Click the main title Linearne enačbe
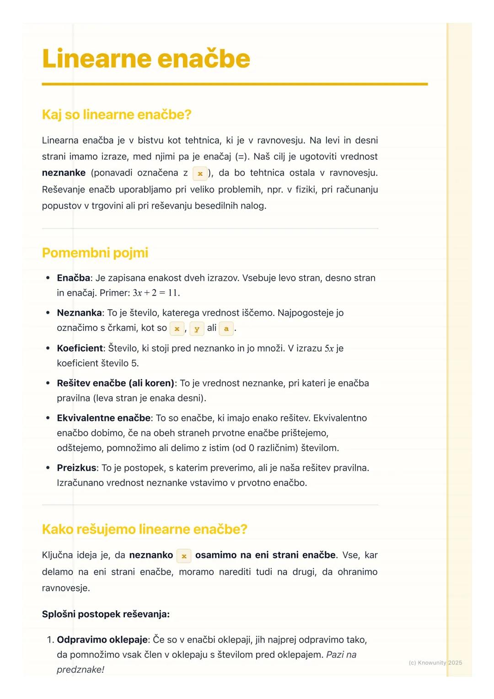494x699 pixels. [x=146, y=59]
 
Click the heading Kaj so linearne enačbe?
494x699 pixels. [x=116, y=114]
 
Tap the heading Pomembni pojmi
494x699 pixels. [x=95, y=253]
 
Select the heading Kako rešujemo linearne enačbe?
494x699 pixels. [x=144, y=529]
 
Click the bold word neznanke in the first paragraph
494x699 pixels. [x=64, y=173]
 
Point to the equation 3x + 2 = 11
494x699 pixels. [x=156, y=293]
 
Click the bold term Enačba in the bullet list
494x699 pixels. [x=73, y=278]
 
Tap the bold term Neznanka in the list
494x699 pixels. [x=79, y=313]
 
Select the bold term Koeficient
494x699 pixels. [x=80, y=348]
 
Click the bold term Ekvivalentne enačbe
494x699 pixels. [x=103, y=418]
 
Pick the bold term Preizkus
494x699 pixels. [x=76, y=468]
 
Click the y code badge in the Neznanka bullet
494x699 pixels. [x=197, y=328]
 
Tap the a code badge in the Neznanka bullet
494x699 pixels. [x=226, y=328]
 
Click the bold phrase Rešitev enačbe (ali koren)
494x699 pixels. [x=115, y=383]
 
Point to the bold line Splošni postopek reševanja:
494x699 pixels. [x=106, y=614]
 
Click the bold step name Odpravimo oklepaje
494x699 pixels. [x=102, y=640]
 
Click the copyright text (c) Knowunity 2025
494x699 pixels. [x=435, y=662]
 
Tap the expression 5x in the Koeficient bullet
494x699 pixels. [x=329, y=349]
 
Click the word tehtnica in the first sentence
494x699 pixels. [x=204, y=140]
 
